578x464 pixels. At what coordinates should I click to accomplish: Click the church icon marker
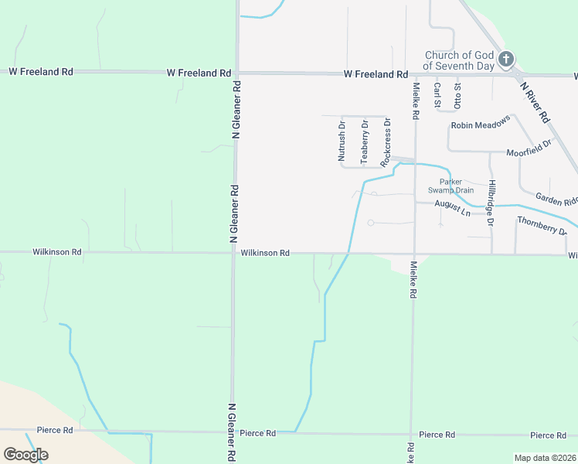506,60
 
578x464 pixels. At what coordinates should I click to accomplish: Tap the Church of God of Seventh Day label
460,60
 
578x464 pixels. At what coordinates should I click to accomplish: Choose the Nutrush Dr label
342,140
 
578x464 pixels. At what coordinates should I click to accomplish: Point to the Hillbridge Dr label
490,203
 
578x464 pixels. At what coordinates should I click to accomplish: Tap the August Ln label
452,207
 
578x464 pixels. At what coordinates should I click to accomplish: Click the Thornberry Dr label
542,225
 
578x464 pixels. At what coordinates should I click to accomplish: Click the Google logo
25,454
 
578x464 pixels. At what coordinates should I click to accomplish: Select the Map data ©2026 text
544,458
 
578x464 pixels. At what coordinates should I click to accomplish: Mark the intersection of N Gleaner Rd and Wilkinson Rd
233,252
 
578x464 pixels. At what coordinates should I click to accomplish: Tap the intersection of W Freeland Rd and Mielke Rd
415,74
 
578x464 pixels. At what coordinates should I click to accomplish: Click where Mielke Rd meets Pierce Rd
411,435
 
